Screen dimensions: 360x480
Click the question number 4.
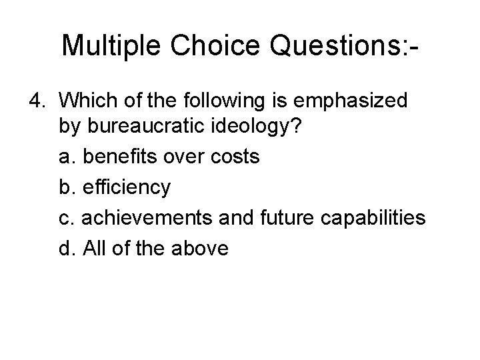37,101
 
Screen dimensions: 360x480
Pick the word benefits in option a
114,157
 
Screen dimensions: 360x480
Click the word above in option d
201,249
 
